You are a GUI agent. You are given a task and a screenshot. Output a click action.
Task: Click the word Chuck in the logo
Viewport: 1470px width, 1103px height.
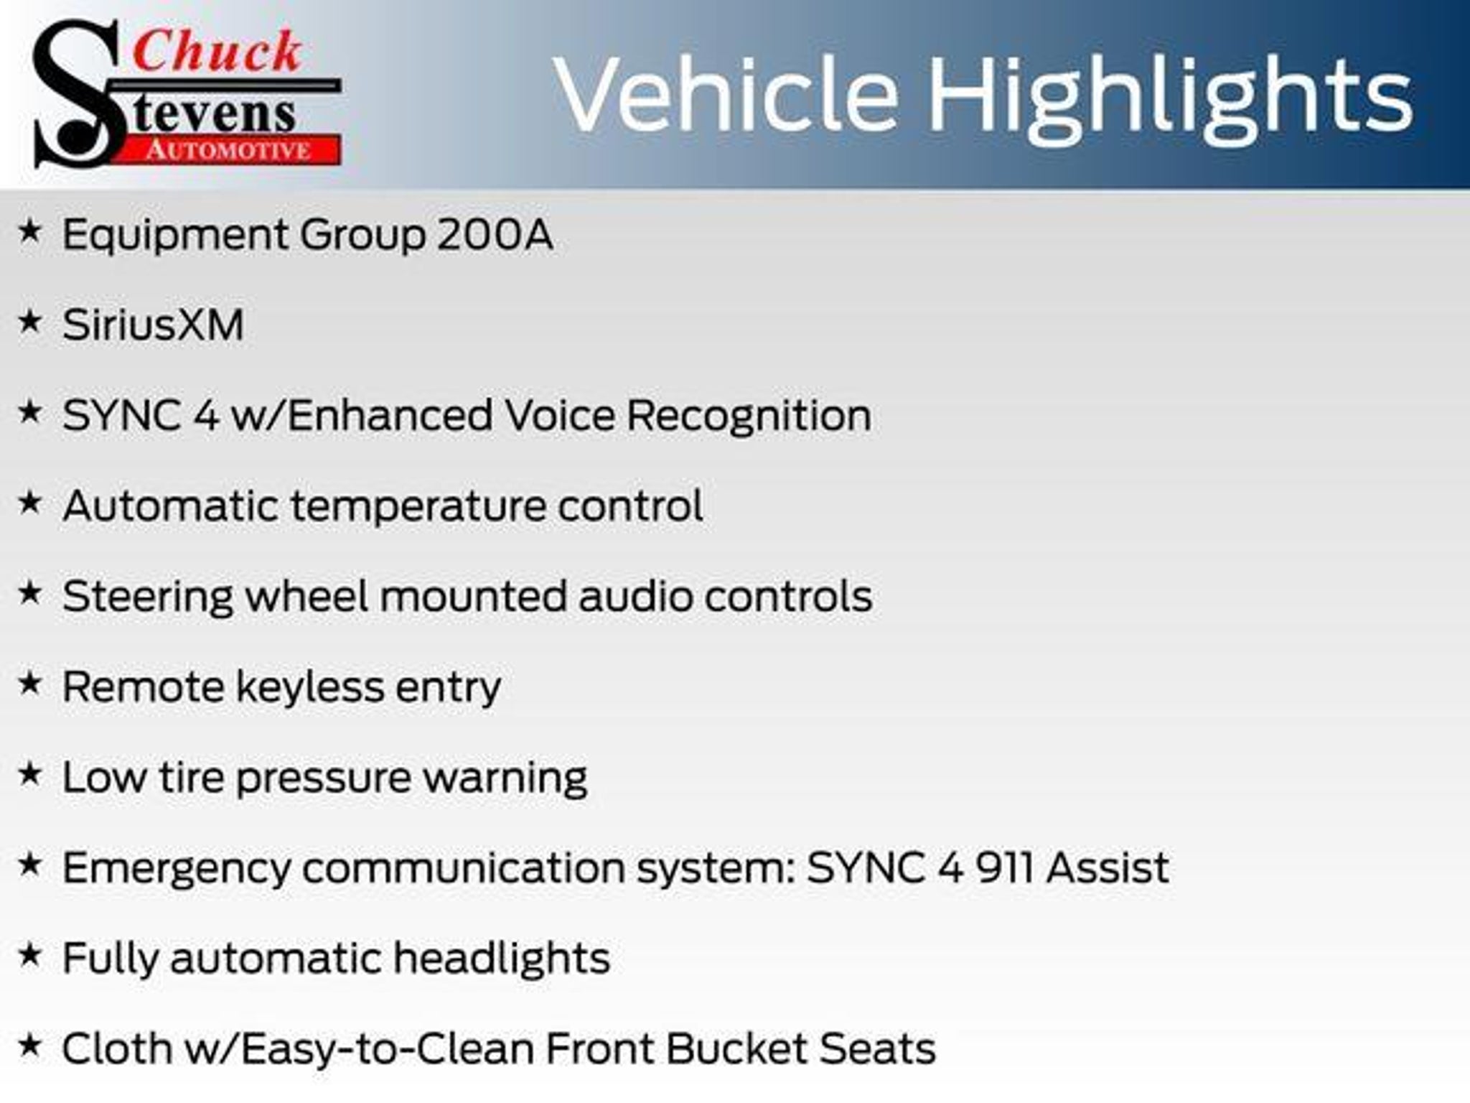217,52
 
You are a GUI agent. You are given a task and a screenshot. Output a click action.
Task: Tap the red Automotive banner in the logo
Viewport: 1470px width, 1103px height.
228,149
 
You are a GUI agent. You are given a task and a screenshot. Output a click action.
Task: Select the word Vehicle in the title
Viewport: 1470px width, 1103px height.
726,93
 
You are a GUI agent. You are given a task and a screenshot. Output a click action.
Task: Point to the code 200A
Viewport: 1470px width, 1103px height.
495,234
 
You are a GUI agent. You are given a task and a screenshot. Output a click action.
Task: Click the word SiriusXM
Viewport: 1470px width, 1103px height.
153,325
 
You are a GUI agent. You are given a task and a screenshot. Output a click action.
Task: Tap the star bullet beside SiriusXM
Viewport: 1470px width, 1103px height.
29,321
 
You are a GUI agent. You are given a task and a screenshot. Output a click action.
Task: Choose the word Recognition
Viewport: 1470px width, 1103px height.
749,416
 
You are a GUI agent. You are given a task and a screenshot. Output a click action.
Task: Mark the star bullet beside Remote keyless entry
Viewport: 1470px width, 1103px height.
29,683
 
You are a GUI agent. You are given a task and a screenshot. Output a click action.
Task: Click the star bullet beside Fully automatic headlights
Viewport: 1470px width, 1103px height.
29,954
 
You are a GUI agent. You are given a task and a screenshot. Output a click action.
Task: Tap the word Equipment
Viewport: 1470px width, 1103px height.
174,236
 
